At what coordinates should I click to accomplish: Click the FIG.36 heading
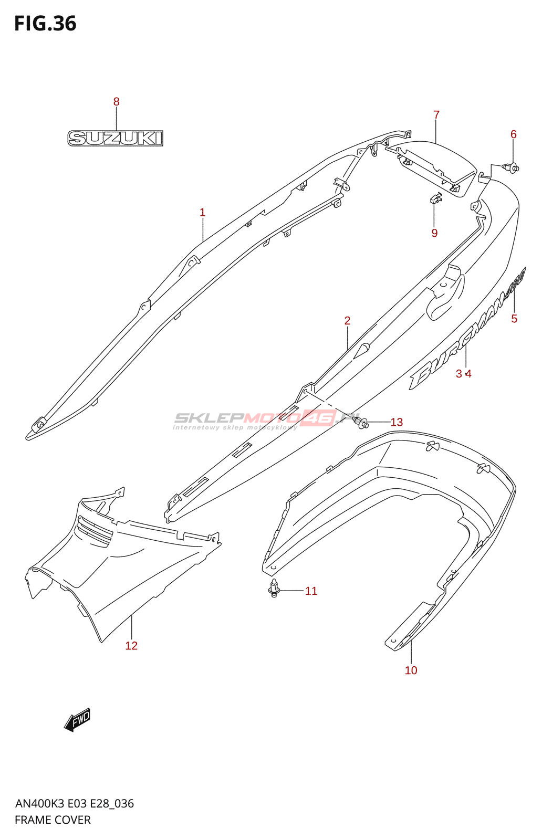45,24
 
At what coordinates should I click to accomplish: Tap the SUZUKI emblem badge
115,138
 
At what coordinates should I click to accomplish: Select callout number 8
117,102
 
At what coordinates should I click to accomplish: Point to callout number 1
203,213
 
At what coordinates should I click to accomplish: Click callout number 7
436,114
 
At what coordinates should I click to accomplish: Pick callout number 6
514,134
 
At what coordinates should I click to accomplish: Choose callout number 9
434,233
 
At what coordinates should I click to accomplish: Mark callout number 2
347,321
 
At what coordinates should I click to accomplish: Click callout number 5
514,319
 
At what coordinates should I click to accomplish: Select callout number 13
397,422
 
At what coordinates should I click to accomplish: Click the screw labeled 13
362,422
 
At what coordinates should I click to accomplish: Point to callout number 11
311,591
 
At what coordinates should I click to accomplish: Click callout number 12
131,646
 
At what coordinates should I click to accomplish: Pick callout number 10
411,670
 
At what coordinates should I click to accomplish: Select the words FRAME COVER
53,820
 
